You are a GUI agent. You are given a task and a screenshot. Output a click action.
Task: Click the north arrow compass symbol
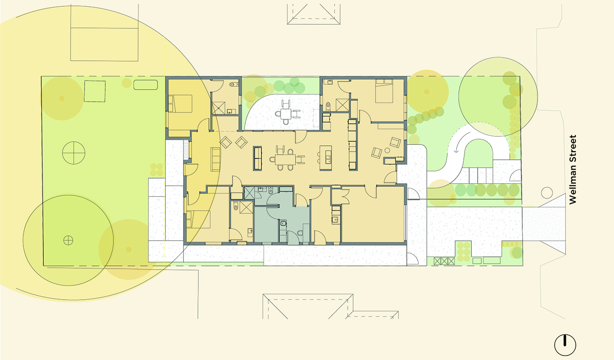tap(565, 345)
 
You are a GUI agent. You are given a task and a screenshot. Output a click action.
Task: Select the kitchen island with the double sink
tap(326, 158)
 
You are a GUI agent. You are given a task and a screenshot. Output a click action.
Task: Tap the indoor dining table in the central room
tap(286, 159)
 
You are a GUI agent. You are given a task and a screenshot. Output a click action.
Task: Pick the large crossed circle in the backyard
tap(73, 153)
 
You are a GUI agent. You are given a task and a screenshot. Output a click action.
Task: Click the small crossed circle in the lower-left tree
tap(68, 240)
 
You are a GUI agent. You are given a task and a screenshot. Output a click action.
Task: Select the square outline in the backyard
tap(94, 91)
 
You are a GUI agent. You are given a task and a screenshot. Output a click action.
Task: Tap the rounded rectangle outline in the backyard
tap(146, 85)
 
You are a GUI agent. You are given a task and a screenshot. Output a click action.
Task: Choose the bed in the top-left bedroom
tap(180, 103)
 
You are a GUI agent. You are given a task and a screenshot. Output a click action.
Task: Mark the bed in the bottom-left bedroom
tap(198, 219)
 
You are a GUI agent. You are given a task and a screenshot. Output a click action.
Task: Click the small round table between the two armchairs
tap(387, 150)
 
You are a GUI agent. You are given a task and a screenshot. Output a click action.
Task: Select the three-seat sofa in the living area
tap(215, 159)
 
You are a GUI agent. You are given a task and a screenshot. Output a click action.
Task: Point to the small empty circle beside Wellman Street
tap(547, 193)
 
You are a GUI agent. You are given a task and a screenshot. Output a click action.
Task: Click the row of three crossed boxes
tap(444, 261)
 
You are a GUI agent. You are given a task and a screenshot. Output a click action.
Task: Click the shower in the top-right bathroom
tap(342, 105)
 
